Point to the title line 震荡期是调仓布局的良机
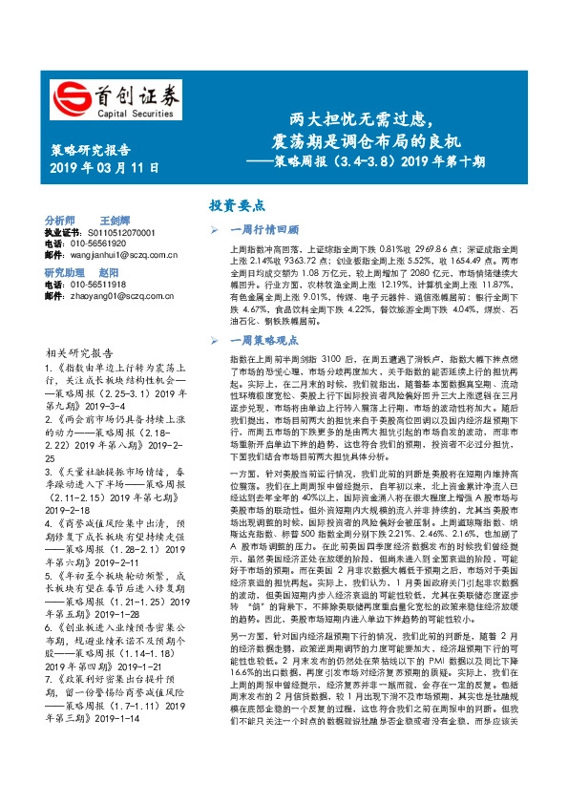click(360, 140)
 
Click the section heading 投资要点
click(238, 204)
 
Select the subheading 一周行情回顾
click(266, 229)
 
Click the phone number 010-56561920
click(106, 243)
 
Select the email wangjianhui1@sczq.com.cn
click(120, 255)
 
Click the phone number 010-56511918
click(106, 285)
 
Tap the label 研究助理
click(66, 272)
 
